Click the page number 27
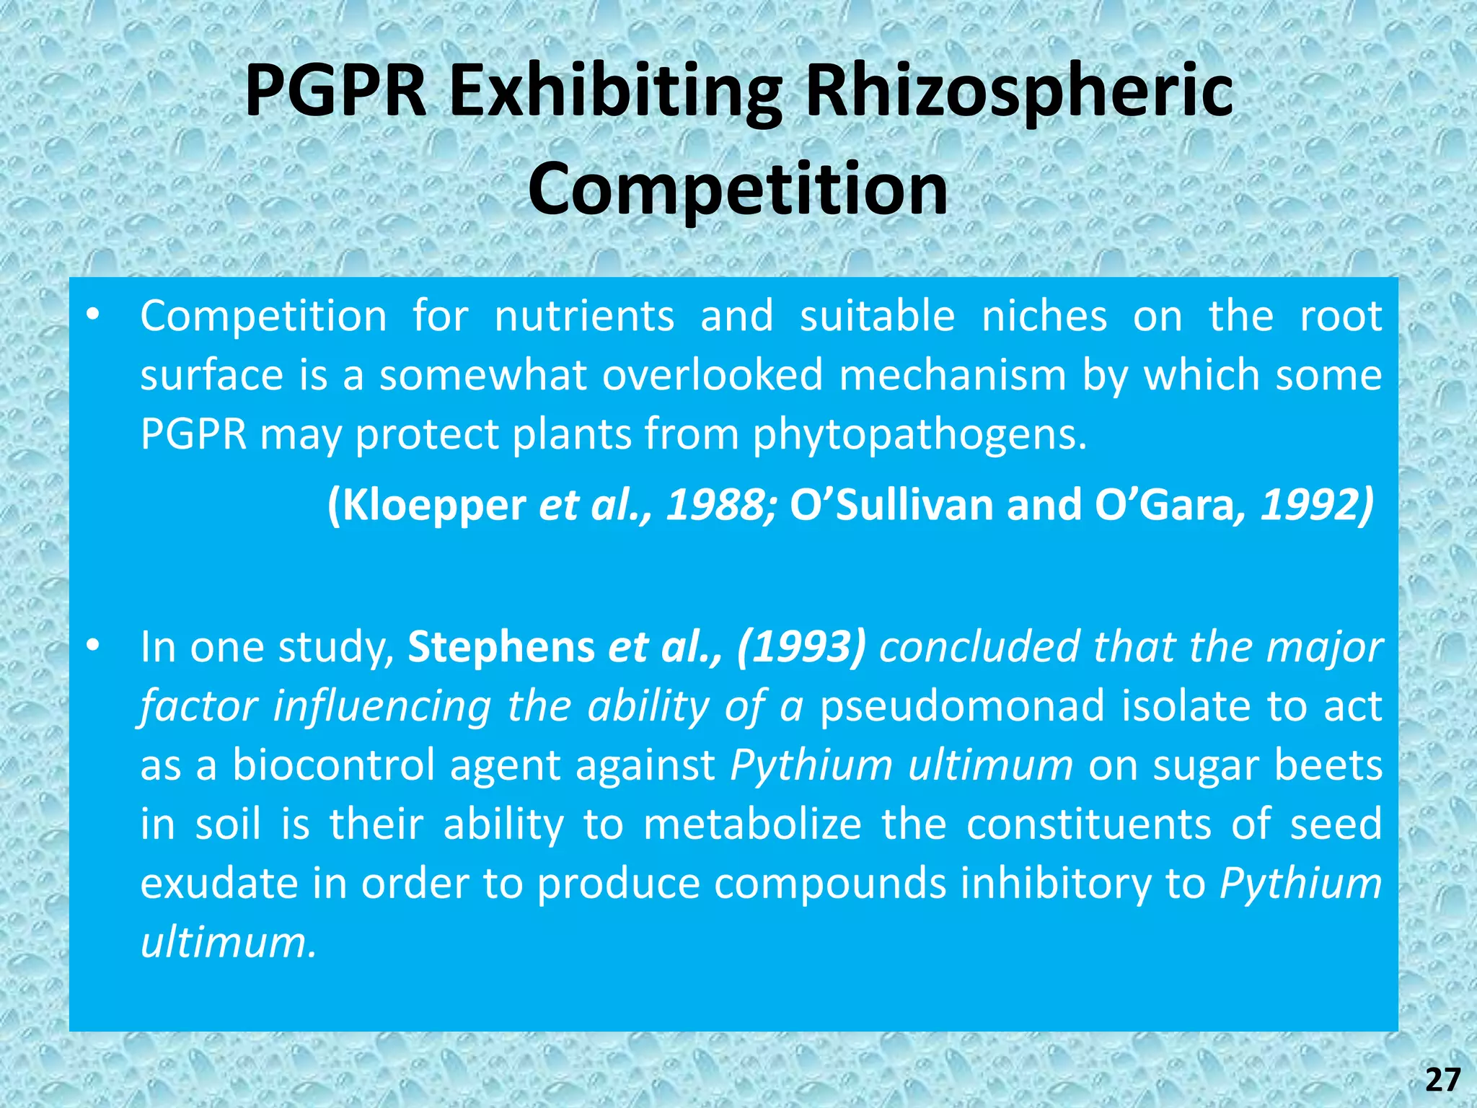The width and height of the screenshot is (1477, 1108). point(1442,1080)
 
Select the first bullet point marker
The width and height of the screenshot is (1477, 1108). point(92,315)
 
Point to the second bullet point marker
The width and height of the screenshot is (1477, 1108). point(92,646)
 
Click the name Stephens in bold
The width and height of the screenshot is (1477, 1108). point(501,646)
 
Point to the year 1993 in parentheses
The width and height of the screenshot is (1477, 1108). point(801,646)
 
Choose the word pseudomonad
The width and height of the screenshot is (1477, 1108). point(962,705)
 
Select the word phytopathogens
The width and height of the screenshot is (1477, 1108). point(920,434)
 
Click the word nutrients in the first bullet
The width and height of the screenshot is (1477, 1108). point(584,316)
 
